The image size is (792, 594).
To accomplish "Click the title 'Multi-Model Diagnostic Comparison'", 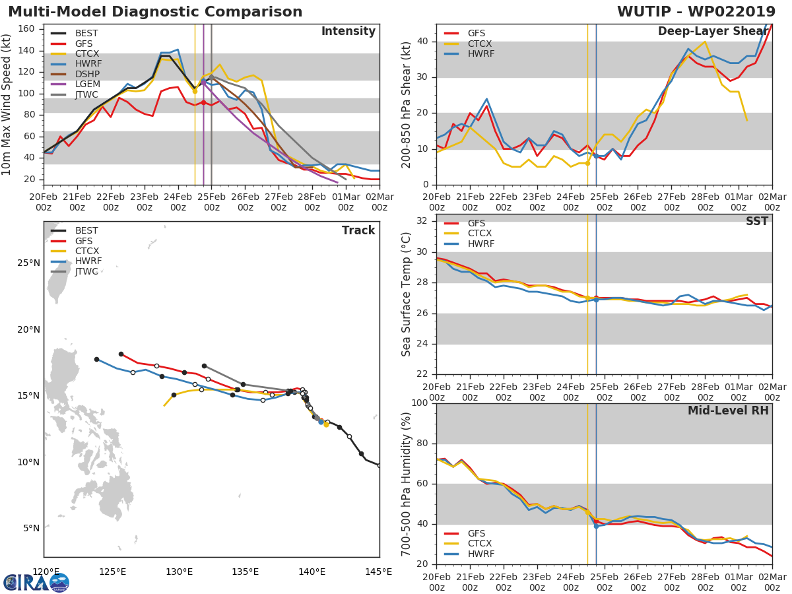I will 155,12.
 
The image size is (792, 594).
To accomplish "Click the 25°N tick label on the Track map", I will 28,263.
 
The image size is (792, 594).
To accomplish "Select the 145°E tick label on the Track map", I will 379,572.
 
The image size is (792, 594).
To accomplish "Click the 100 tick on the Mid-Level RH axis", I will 418,403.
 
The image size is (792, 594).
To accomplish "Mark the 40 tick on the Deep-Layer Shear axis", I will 422,42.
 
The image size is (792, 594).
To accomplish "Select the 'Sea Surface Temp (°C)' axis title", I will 407,294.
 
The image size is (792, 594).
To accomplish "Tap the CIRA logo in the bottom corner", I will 36,582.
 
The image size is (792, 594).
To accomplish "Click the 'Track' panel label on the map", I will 358,230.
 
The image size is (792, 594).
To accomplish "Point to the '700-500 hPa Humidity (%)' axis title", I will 407,484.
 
